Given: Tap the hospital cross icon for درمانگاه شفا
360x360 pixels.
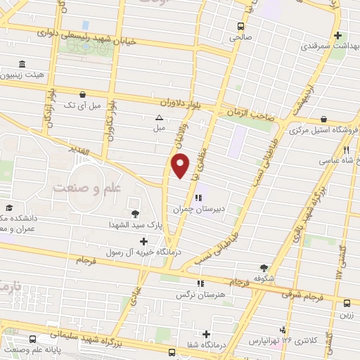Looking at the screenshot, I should [206, 334].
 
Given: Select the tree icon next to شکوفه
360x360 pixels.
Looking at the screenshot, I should [264, 267].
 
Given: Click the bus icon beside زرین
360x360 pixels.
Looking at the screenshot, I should [347, 304].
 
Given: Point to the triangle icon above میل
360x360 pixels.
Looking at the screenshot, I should [159, 117].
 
